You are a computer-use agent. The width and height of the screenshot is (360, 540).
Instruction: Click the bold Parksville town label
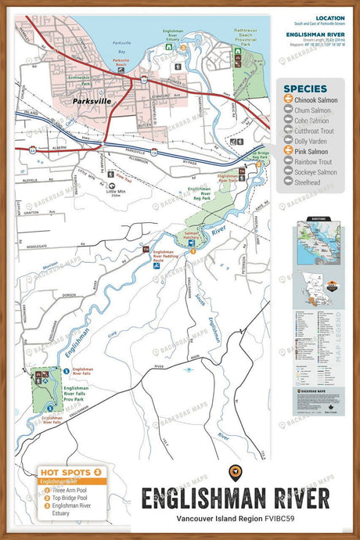point(88,101)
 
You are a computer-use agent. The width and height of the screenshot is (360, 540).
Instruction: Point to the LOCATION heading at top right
point(329,17)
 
